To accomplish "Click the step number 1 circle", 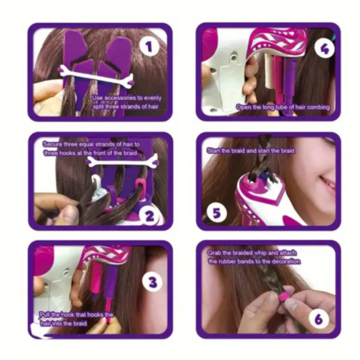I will click(x=148, y=47).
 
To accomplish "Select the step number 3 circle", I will click(x=151, y=281).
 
